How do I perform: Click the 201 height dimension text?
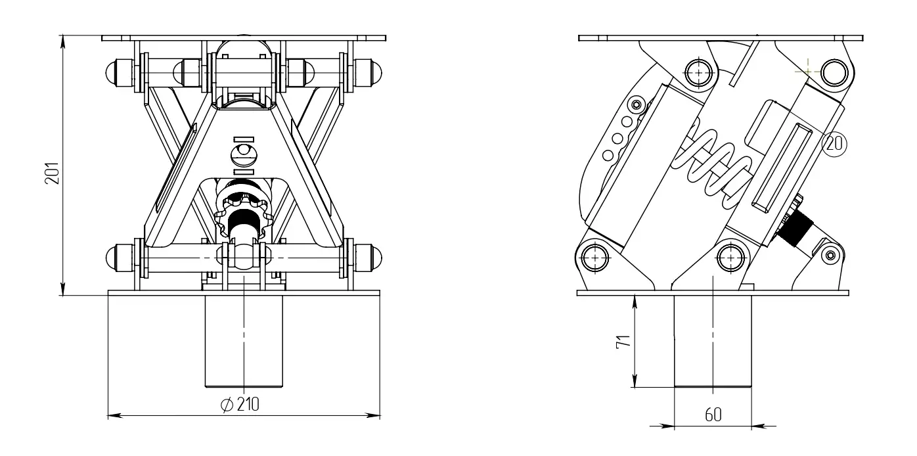52,173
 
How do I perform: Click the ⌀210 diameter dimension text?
240,405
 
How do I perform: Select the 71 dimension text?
623,342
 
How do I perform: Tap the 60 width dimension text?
713,415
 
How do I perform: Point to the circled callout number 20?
834,144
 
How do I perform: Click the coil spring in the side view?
712,168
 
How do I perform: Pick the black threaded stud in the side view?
795,229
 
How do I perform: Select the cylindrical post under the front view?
244,340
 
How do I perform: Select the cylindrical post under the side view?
713,340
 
